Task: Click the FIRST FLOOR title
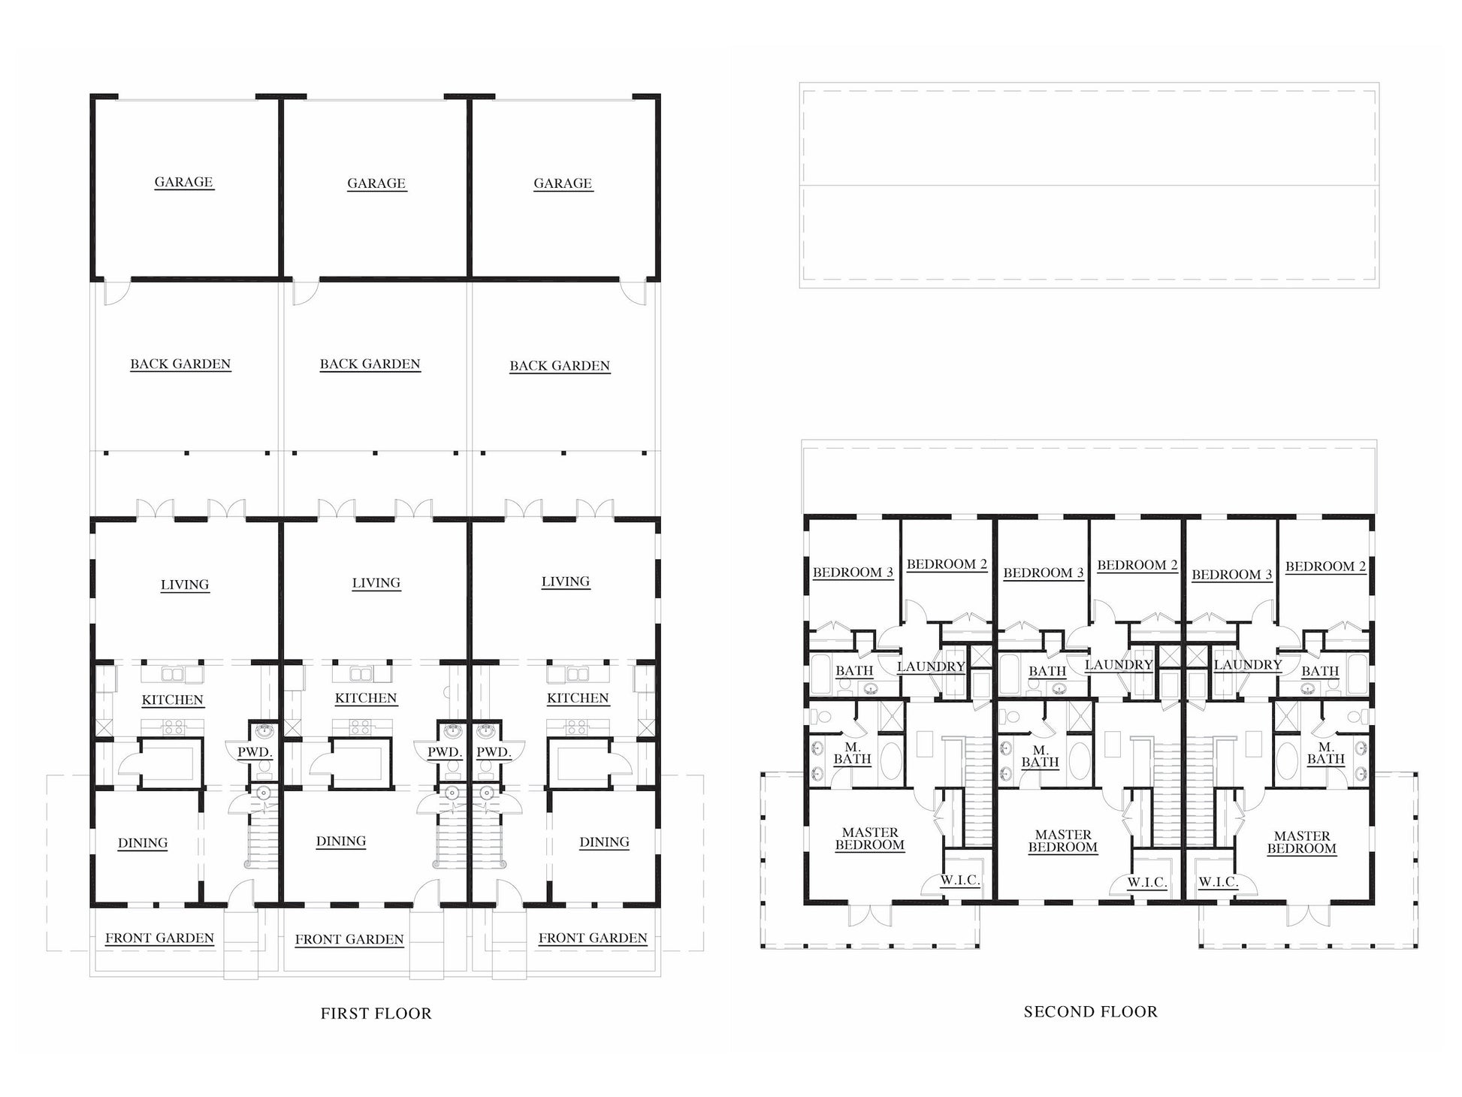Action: (x=376, y=1014)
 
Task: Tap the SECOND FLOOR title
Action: (x=1090, y=1012)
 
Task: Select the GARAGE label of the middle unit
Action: (x=376, y=183)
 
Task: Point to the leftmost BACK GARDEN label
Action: (x=180, y=364)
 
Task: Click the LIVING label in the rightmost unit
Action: (x=566, y=582)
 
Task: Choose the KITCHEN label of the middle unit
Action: (x=366, y=698)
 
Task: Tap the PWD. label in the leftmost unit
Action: (x=255, y=751)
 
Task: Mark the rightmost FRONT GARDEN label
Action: (x=593, y=938)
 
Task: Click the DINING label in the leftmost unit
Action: (x=143, y=843)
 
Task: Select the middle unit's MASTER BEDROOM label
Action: (x=1063, y=841)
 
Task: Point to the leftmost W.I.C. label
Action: (x=959, y=881)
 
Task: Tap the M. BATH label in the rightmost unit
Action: (x=1326, y=753)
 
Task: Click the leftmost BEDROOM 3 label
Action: (x=853, y=573)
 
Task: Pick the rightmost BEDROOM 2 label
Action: (x=1326, y=567)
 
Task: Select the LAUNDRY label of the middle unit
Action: (x=1119, y=665)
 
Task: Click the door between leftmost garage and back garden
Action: (x=116, y=292)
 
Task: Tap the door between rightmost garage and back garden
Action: (x=633, y=292)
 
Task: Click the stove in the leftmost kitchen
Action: (x=174, y=727)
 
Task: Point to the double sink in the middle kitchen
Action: (x=362, y=673)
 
